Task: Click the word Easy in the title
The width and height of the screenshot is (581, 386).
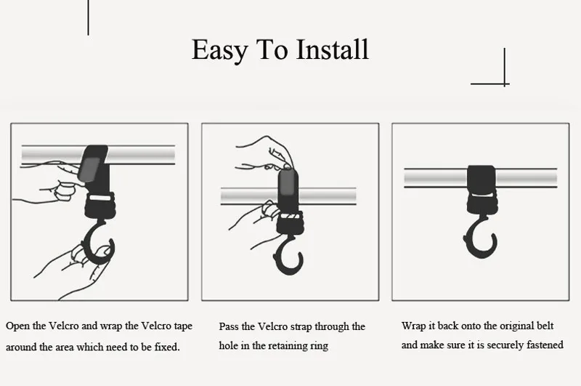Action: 220,50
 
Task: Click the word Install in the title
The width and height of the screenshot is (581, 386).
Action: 333,49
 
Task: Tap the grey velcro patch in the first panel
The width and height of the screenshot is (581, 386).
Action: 89,169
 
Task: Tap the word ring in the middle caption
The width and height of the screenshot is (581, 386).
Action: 320,346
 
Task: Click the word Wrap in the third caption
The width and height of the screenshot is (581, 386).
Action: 413,326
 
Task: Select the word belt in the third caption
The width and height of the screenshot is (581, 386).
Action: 545,326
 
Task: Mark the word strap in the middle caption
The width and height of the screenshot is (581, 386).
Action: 301,327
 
